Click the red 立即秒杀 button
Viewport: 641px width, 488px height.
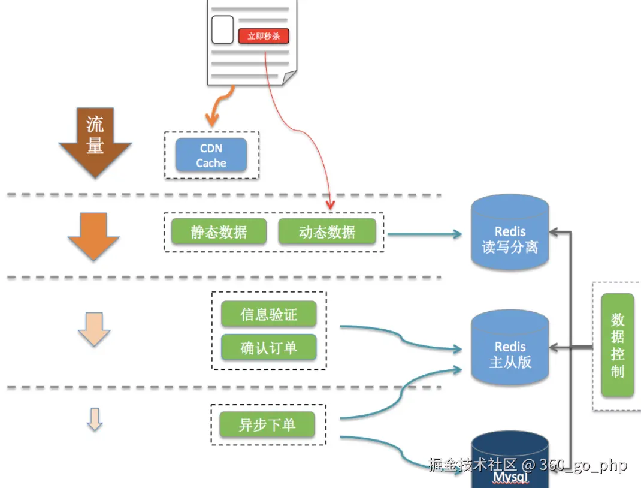coord(264,36)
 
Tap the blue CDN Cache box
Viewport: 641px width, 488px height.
coord(211,155)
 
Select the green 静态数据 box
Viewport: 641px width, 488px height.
coord(219,231)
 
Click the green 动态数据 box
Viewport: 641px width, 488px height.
coord(327,231)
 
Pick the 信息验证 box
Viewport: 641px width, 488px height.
coord(268,314)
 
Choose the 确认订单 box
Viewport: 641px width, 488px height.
coord(268,348)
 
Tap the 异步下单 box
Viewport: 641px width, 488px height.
coord(267,424)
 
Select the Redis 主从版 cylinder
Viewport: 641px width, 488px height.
coord(510,351)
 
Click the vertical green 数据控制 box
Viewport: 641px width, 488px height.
coord(618,345)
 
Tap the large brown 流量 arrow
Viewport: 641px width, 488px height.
coord(95,144)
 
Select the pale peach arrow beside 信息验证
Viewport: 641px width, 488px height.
coord(94,329)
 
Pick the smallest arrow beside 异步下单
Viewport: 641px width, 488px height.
coord(94,419)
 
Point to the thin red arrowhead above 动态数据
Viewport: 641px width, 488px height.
coord(329,206)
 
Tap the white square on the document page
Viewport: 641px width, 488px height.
coord(222,29)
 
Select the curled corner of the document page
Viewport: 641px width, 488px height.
coord(289,77)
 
